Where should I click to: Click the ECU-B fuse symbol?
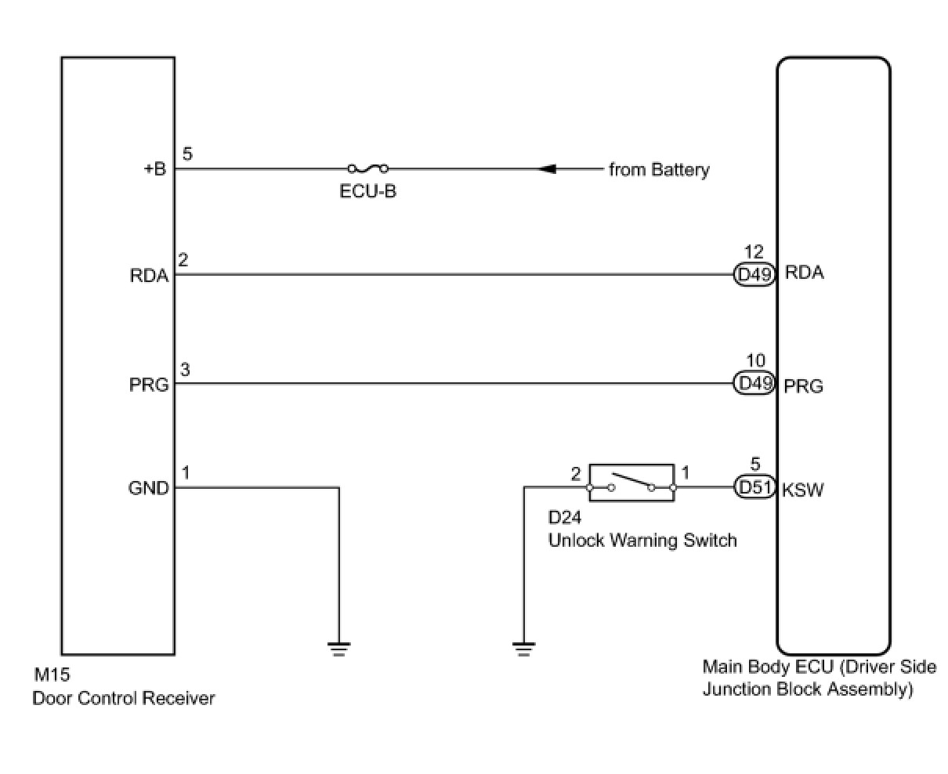pos(367,168)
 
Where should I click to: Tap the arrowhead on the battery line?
pos(548,168)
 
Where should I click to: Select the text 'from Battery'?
pos(659,170)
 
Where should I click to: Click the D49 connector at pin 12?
pos(754,274)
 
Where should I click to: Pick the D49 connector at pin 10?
pos(754,383)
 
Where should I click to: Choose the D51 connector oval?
pos(754,487)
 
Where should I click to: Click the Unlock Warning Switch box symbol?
pos(631,482)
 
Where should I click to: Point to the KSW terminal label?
pos(803,490)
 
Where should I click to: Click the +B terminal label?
pos(154,169)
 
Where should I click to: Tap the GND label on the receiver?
pos(148,488)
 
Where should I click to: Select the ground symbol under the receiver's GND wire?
pos(338,649)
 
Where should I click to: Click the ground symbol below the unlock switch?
pos(523,649)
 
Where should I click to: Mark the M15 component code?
pos(52,675)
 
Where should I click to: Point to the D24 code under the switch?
pos(565,519)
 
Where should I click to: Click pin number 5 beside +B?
pos(187,154)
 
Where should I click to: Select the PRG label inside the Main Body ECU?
pos(804,386)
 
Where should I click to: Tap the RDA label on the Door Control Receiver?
pos(150,276)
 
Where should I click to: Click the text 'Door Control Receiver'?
pos(123,698)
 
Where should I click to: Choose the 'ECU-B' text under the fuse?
pos(367,191)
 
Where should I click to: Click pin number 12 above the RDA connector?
pos(754,252)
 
